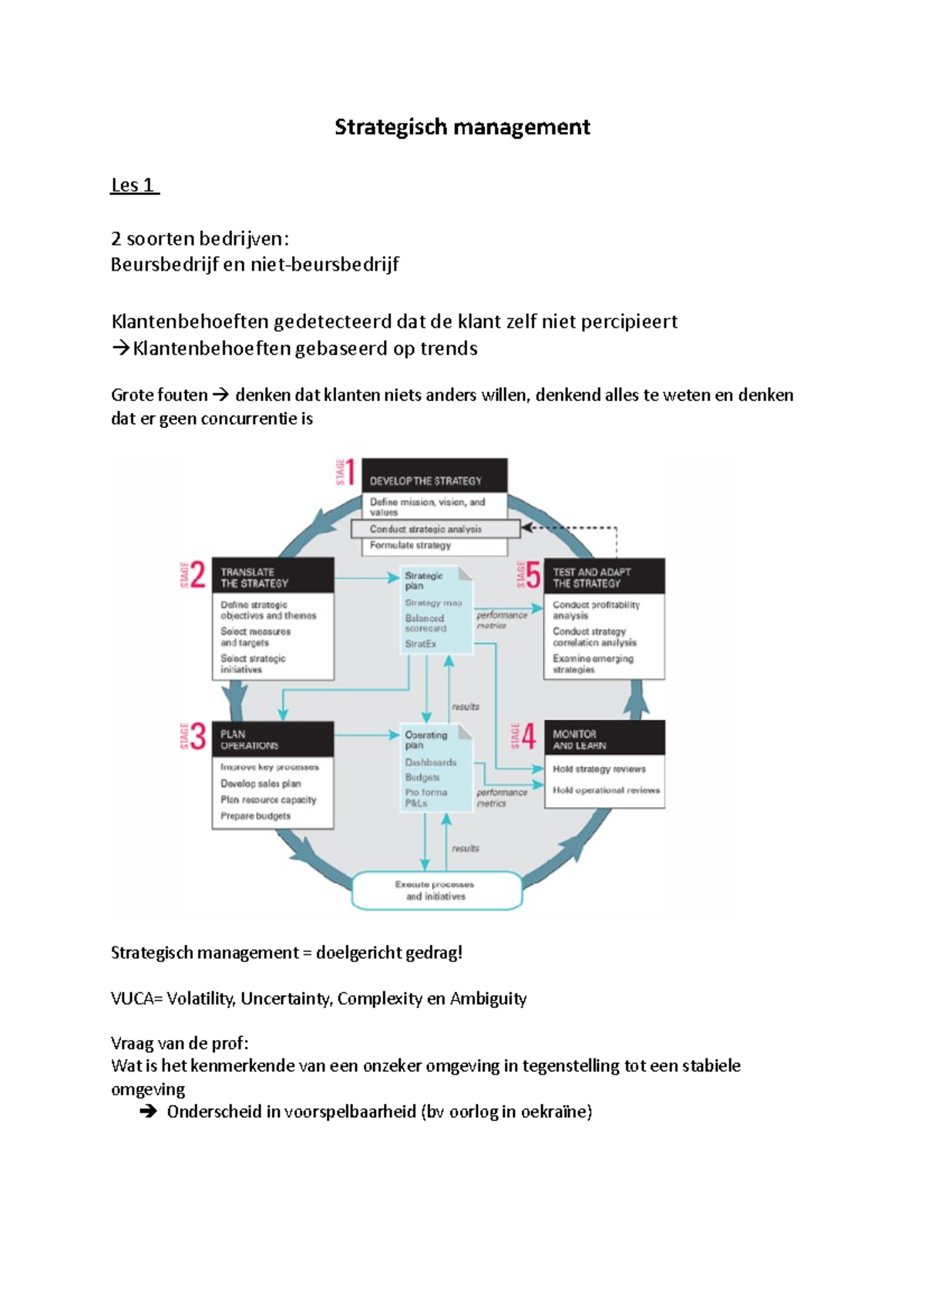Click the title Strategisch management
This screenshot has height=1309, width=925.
tap(462, 127)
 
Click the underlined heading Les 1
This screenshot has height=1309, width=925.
tap(133, 185)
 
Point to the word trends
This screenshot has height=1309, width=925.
tap(449, 348)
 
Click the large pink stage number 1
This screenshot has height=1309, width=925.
tap(350, 473)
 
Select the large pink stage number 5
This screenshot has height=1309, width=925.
tap(532, 575)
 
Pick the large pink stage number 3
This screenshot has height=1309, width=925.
tap(198, 737)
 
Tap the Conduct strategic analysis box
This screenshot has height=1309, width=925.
tap(436, 529)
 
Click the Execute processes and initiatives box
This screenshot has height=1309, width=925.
tap(436, 890)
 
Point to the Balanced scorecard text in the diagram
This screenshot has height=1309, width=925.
tap(425, 623)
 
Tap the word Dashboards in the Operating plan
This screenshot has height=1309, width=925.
tap(431, 762)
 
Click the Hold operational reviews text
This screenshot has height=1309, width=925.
tap(606, 790)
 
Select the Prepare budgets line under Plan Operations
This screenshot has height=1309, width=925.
tap(256, 816)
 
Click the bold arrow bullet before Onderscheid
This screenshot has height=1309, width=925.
tap(148, 1112)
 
